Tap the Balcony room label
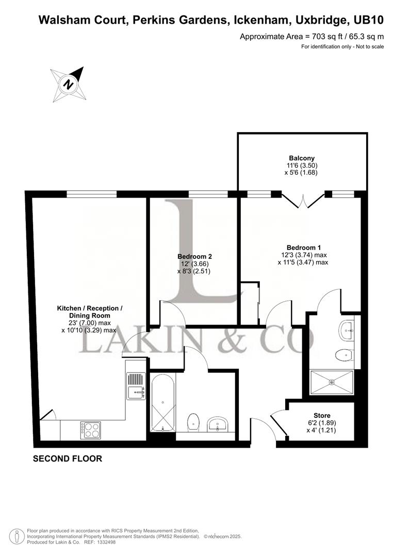(x=302, y=158)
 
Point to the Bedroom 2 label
(x=194, y=256)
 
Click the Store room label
(x=322, y=415)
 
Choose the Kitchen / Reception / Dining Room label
(x=90, y=308)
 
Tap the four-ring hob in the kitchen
(x=90, y=430)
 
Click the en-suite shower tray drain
(x=332, y=382)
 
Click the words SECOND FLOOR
(x=68, y=458)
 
